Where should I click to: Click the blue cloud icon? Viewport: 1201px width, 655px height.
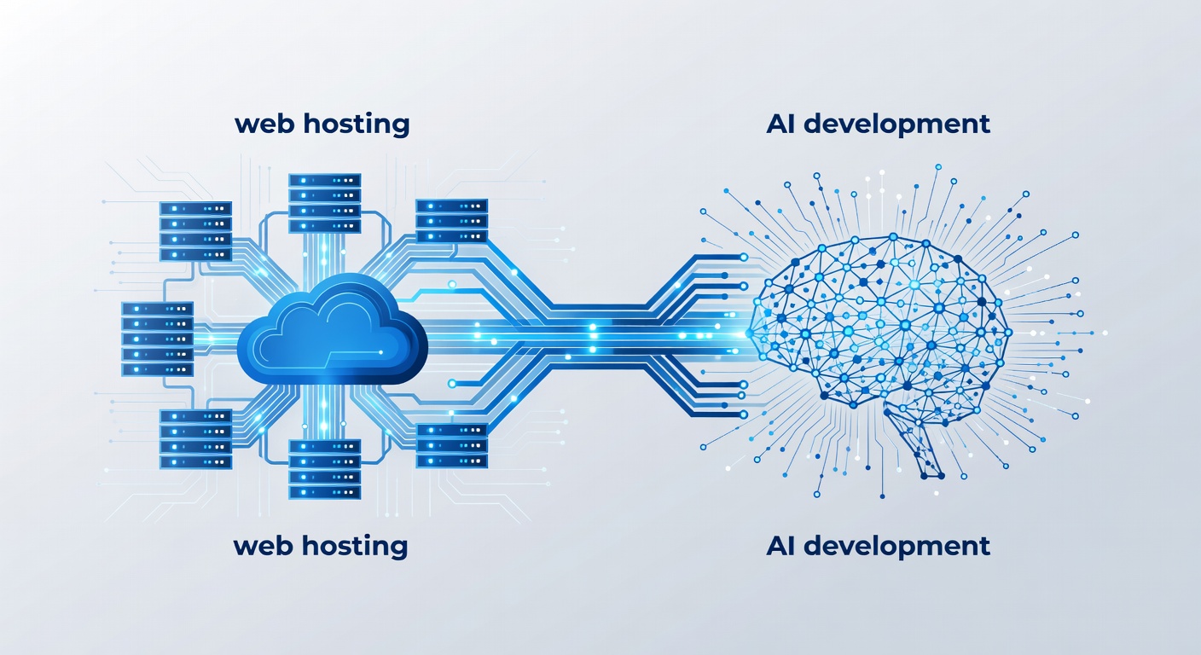(x=333, y=330)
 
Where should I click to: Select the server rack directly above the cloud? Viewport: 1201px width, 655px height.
(x=324, y=203)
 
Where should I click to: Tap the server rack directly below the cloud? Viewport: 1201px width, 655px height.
(x=324, y=470)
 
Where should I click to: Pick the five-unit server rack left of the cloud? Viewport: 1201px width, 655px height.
(x=157, y=339)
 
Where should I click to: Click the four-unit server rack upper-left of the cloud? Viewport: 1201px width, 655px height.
(x=195, y=231)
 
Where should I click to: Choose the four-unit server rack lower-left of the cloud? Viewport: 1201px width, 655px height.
(x=195, y=439)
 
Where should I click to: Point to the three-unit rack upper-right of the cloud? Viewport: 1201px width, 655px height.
(x=452, y=221)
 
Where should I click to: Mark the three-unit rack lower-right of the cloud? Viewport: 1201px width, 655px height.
(x=452, y=445)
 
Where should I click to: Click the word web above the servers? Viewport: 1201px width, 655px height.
(x=265, y=125)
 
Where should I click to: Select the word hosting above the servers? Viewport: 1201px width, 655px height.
(x=357, y=125)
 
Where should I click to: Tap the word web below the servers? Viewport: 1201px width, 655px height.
(x=264, y=546)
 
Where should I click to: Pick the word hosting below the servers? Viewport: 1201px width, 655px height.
(x=355, y=546)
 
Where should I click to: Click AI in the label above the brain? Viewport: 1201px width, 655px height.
(x=780, y=124)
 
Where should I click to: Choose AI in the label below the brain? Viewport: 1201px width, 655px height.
(x=780, y=546)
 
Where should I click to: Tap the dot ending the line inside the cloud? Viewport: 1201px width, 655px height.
(x=380, y=352)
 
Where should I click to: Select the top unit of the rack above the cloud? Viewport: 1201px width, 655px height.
(x=324, y=180)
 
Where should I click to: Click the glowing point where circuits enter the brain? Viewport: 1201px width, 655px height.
(x=749, y=334)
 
